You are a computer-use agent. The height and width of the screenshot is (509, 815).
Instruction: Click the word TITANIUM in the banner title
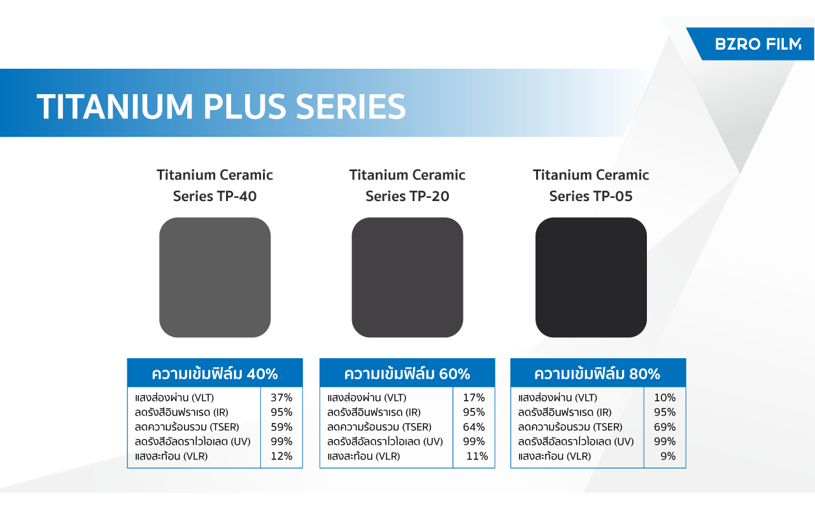pyautogui.click(x=115, y=106)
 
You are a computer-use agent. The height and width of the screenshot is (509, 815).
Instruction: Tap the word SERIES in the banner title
pyautogui.click(x=351, y=106)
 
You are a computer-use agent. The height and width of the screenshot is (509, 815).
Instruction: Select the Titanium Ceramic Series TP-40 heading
pyautogui.click(x=215, y=185)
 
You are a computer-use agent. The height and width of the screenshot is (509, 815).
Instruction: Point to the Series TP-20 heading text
pyautogui.click(x=407, y=197)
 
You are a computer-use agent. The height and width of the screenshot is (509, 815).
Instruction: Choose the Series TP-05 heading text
pyautogui.click(x=591, y=197)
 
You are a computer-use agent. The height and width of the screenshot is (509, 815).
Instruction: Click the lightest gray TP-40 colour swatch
pyautogui.click(x=215, y=277)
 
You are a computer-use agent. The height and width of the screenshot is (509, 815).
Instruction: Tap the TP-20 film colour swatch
pyautogui.click(x=407, y=277)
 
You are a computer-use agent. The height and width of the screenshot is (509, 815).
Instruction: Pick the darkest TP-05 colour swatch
pyautogui.click(x=591, y=277)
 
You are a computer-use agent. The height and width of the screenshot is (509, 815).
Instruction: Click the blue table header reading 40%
pyautogui.click(x=215, y=373)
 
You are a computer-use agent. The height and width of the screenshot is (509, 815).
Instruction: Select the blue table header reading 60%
pyautogui.click(x=407, y=373)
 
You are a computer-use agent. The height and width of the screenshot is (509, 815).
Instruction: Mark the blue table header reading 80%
pyautogui.click(x=598, y=373)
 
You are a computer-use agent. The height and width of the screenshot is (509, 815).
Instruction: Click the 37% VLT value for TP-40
pyautogui.click(x=281, y=398)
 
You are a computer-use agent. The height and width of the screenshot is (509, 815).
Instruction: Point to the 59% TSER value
pyautogui.click(x=281, y=427)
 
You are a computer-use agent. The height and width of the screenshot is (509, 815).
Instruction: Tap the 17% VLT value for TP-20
pyautogui.click(x=474, y=398)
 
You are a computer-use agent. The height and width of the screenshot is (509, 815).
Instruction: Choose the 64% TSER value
pyautogui.click(x=474, y=427)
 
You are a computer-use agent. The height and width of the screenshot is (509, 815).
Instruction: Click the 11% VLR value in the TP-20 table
pyautogui.click(x=477, y=456)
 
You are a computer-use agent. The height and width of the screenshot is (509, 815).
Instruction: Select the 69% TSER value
pyautogui.click(x=665, y=427)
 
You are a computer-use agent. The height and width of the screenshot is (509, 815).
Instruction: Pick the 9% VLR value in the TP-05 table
pyautogui.click(x=668, y=456)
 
